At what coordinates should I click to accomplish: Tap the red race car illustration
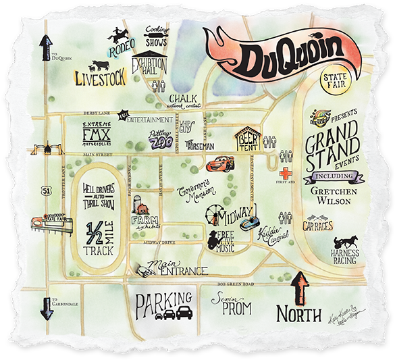tap(215, 163)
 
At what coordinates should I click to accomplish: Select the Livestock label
tap(100, 78)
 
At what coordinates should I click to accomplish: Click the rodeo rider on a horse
tap(121, 38)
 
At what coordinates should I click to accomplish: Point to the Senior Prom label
tap(232, 305)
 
